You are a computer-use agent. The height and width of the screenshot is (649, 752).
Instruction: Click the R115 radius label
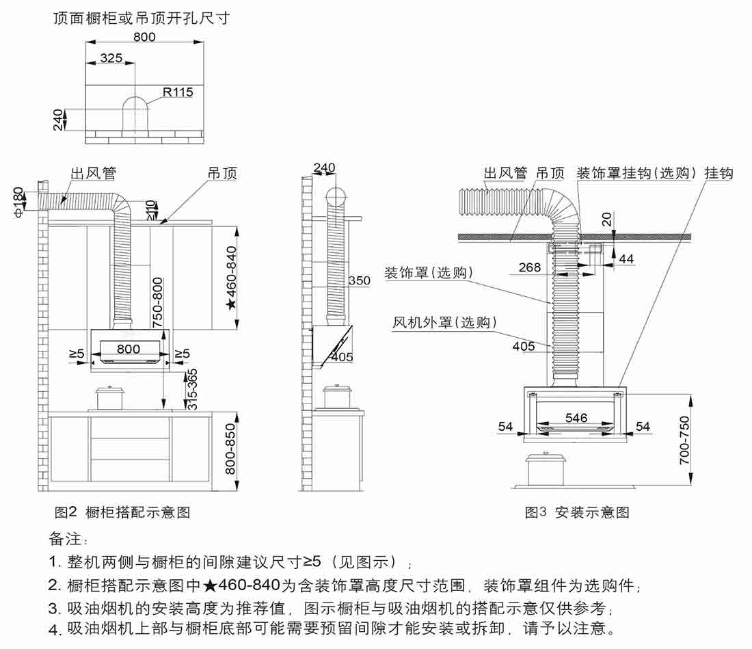click(178, 92)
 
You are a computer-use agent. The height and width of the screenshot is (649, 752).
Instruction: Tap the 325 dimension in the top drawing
click(111, 58)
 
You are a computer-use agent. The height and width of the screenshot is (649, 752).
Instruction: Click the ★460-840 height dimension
click(230, 277)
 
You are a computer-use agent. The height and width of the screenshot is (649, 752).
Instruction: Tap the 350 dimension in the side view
click(359, 281)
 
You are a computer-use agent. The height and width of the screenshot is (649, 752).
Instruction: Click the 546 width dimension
click(576, 417)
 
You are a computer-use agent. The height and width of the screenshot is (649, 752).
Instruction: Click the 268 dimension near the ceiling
click(530, 267)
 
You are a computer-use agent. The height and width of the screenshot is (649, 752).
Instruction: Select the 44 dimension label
click(626, 259)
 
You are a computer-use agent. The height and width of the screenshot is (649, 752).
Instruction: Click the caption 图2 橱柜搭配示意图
click(122, 512)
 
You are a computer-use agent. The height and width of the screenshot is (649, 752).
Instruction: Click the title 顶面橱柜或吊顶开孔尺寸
click(141, 18)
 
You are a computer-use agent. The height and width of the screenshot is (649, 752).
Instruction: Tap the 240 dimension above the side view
click(324, 168)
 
